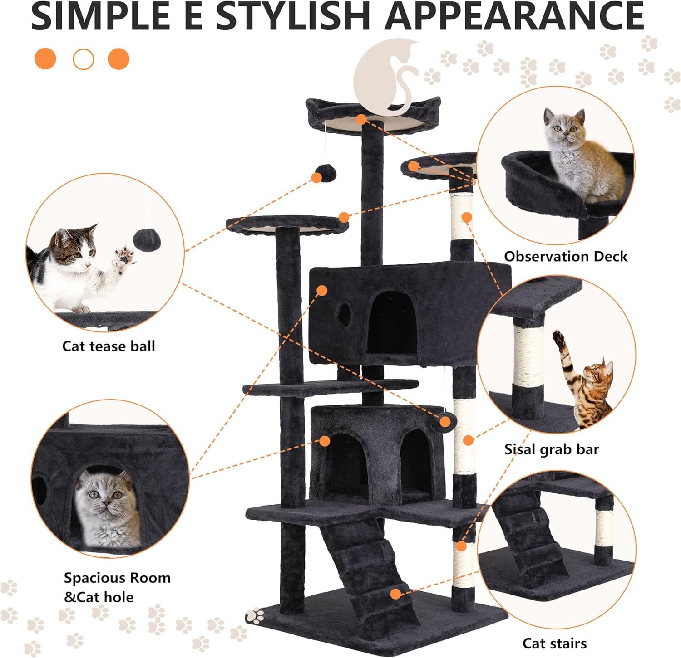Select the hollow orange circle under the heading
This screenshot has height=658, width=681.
tap(83, 59)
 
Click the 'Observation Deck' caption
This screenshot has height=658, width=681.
tap(566, 256)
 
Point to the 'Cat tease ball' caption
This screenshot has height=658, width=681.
tap(109, 346)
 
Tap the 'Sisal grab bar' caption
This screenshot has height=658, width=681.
tap(552, 449)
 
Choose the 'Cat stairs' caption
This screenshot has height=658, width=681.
tap(554, 643)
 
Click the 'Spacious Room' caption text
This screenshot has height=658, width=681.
tap(117, 578)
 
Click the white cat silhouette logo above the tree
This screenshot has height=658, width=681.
tap(387, 75)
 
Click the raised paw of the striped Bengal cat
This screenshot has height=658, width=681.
tap(558, 338)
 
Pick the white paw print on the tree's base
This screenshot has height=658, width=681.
tap(254, 615)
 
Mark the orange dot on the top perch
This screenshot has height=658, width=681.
tap(361, 119)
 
